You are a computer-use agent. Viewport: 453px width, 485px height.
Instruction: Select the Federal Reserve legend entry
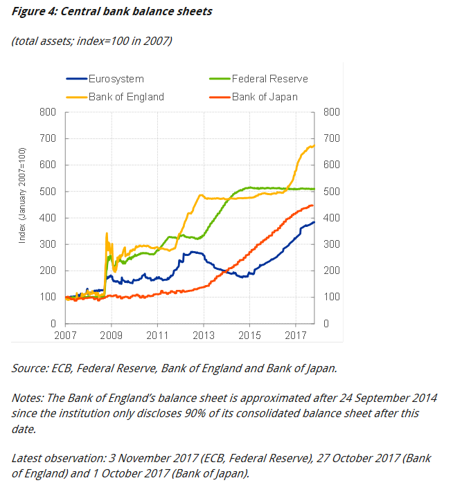click(x=269, y=79)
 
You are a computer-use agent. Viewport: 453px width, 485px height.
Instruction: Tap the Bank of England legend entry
click(x=126, y=97)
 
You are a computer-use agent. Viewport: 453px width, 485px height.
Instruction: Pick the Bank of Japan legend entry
click(x=265, y=97)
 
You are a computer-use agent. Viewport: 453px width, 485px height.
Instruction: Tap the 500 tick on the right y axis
click(x=330, y=192)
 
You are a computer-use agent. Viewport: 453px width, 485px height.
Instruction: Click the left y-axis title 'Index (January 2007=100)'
click(x=23, y=195)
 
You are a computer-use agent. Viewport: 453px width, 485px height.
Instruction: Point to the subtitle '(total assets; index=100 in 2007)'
click(x=91, y=41)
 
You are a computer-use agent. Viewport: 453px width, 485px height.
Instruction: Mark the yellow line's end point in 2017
click(x=314, y=145)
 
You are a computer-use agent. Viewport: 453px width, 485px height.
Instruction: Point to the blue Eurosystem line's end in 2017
click(x=314, y=222)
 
